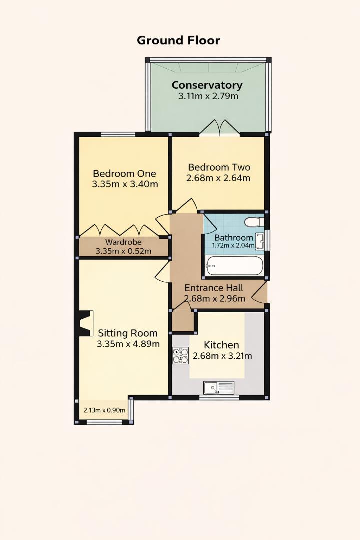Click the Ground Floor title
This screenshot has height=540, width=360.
pos(178,40)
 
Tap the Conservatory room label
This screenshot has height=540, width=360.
pos(207,85)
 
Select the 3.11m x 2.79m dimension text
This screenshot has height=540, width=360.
pos(208,96)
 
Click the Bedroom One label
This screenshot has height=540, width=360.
pos(124,173)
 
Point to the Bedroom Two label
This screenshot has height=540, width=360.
pos(219,167)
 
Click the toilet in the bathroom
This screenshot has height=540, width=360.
pos(254,221)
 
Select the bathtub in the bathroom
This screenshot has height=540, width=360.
pos(234,266)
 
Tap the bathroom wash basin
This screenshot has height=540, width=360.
pos(260,240)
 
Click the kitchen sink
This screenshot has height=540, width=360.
pos(219,387)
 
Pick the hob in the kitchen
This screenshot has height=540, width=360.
pos(180,355)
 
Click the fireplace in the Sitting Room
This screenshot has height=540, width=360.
pos(86,323)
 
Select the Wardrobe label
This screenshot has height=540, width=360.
pos(123,242)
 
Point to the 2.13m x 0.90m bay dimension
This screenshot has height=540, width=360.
pos(104,410)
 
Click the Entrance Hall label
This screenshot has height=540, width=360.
pos(214,288)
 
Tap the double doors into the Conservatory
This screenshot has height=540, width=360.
pos(219,128)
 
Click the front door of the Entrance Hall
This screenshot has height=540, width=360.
pos(259,292)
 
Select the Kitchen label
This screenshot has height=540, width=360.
pos(221,345)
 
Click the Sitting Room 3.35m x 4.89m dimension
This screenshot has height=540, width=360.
pos(128,344)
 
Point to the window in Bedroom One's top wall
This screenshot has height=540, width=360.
pos(118,134)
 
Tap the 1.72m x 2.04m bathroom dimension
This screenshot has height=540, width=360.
pos(233,246)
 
